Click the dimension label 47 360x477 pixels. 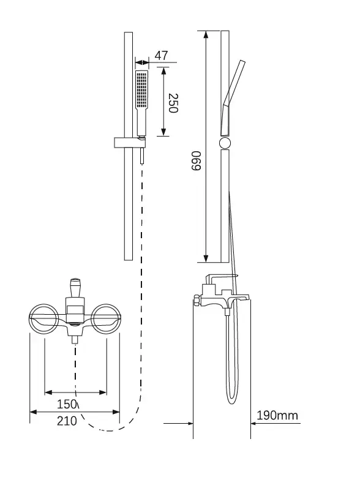(161, 56)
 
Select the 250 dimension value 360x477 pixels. (173, 103)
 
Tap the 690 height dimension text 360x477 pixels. (196, 160)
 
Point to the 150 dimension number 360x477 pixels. (67, 404)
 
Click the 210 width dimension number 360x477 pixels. (67, 421)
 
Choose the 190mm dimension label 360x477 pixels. (277, 415)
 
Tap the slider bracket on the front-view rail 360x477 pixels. (130, 143)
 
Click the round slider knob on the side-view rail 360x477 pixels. (225, 143)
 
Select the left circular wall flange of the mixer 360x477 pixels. (44, 319)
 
